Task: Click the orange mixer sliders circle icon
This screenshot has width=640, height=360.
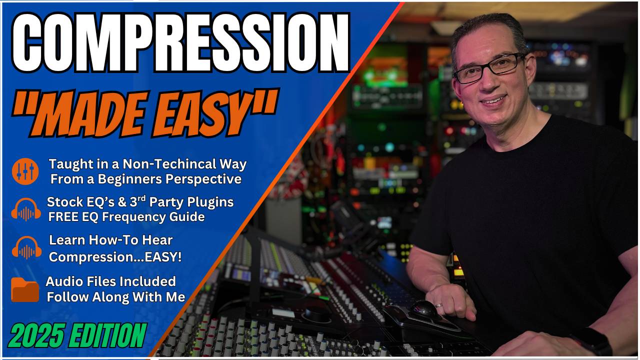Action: [x=25, y=171]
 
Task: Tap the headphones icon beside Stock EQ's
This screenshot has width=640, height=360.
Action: [x=26, y=209]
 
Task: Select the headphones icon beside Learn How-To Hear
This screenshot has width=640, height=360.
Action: [x=26, y=247]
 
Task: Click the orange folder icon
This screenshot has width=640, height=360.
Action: [x=25, y=289]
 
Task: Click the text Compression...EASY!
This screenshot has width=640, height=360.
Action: [x=115, y=257]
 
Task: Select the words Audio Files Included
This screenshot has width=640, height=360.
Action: [x=110, y=281]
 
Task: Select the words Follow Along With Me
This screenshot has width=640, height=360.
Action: [x=116, y=297]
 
